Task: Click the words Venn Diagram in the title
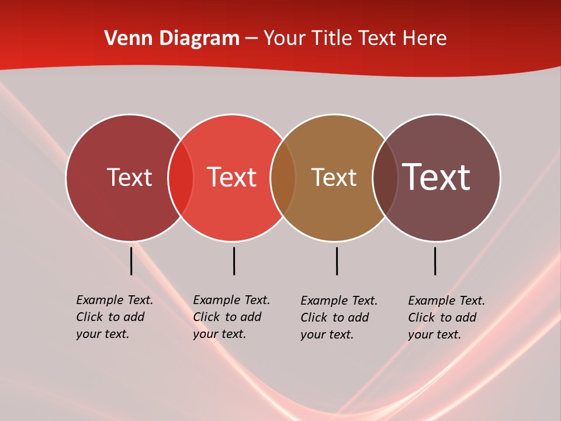172,39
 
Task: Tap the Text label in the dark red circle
129,177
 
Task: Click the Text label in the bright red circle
232,177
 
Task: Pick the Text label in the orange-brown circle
334,177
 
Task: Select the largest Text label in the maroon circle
437,177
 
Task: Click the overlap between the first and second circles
181,177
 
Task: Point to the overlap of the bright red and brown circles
283,177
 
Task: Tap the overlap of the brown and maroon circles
385,177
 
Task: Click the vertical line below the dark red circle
131,261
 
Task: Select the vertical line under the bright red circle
234,261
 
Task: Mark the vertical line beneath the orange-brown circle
337,261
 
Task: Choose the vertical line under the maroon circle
435,261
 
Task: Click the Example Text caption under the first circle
115,300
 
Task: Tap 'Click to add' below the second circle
227,317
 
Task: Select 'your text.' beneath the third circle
327,334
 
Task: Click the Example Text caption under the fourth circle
446,301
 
